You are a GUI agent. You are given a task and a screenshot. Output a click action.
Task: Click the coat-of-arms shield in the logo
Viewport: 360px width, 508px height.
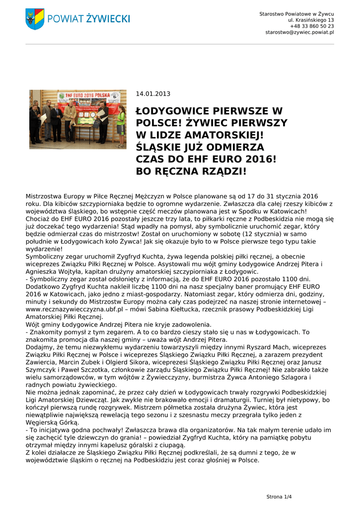pyautogui.click(x=35, y=18)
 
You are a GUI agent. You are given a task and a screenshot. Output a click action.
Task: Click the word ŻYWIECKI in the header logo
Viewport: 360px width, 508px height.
pyautogui.click(x=107, y=19)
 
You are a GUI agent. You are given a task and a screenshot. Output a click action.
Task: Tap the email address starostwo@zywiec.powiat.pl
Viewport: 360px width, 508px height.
pyautogui.click(x=299, y=32)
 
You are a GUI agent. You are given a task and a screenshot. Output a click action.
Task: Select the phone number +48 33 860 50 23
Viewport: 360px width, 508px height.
pyautogui.click(x=312, y=26)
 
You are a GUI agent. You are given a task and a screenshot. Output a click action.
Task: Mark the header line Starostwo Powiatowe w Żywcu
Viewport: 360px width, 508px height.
pyautogui.click(x=296, y=13)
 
